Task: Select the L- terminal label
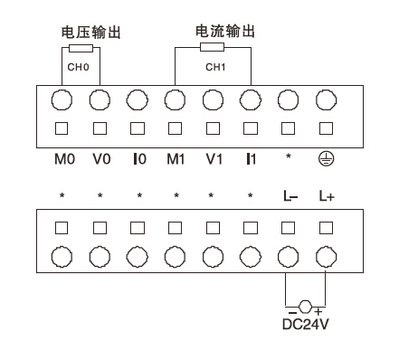click(x=289, y=195)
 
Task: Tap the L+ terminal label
click(x=327, y=195)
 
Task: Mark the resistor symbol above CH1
click(x=214, y=47)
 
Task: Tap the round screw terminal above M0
click(x=63, y=97)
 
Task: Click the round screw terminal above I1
click(x=251, y=97)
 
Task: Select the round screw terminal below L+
click(x=327, y=255)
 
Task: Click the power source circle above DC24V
click(x=307, y=305)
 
